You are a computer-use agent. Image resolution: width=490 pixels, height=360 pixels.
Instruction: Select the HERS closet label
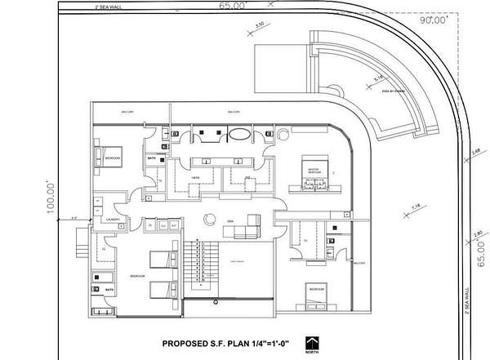[195, 176]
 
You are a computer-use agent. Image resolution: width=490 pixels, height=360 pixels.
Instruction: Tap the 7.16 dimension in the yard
[416, 210]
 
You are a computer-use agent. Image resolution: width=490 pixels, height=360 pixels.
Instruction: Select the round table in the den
[210, 218]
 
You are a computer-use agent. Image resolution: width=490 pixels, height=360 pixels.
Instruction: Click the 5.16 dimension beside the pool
[379, 78]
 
